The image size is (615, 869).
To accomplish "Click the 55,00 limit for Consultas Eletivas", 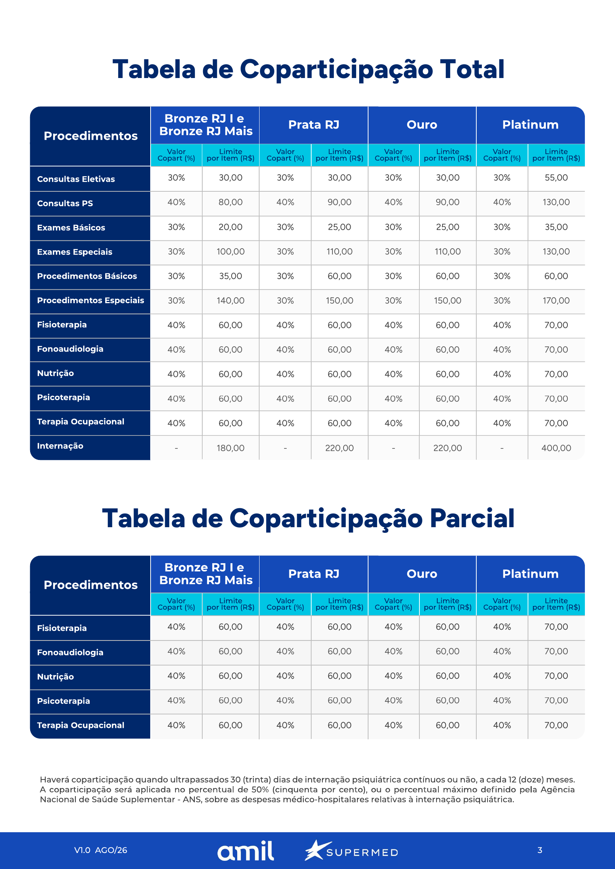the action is (x=556, y=178).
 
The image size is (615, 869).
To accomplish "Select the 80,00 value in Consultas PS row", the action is (x=230, y=202).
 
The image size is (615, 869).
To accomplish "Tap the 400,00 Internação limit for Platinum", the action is (x=556, y=448).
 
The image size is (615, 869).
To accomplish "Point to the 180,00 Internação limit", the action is (x=230, y=448).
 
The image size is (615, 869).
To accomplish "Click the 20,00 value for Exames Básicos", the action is (x=230, y=227).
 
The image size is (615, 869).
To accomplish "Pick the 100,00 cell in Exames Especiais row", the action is (x=230, y=251).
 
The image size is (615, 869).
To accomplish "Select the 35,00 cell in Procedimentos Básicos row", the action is (x=230, y=276).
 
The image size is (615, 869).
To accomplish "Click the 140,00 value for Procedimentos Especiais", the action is (x=230, y=301).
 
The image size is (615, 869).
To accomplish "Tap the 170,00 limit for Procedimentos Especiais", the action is (x=556, y=301).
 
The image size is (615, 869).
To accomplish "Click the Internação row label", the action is (x=60, y=446).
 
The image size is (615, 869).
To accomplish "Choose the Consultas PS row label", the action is (x=65, y=203).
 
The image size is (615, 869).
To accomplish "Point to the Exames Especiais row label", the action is (x=75, y=252).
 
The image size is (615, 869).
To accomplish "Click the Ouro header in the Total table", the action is (x=422, y=124).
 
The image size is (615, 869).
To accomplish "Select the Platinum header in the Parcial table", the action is (x=530, y=574).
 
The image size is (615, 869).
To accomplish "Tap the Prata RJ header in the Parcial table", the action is (x=313, y=574).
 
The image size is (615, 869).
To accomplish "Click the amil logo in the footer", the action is (x=245, y=851).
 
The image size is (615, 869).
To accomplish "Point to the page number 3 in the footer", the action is (x=540, y=850).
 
